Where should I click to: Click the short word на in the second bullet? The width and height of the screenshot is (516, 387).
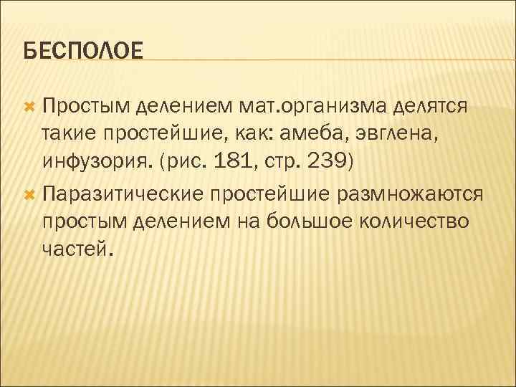pos(244,222)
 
